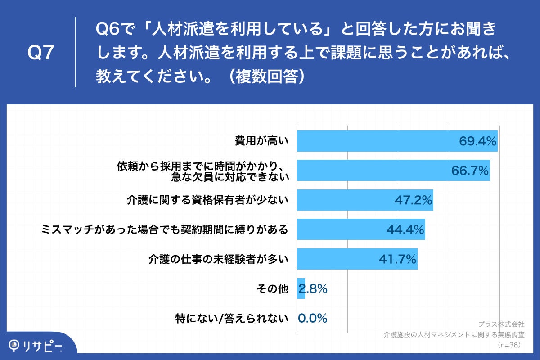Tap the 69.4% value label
pyautogui.click(x=477, y=141)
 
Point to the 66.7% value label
pyautogui.click(x=470, y=171)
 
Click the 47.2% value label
pyautogui.click(x=414, y=200)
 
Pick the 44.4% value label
pyautogui.click(x=405, y=229)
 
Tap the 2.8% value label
pyautogui.click(x=313, y=289)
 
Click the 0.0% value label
pyautogui.click(x=312, y=318)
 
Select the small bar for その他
pyautogui.click(x=301, y=288)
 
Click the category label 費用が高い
pyautogui.click(x=261, y=141)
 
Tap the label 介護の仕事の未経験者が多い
pyautogui.click(x=218, y=259)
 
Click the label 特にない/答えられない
pyautogui.click(x=231, y=319)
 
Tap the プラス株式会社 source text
pyautogui.click(x=501, y=324)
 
